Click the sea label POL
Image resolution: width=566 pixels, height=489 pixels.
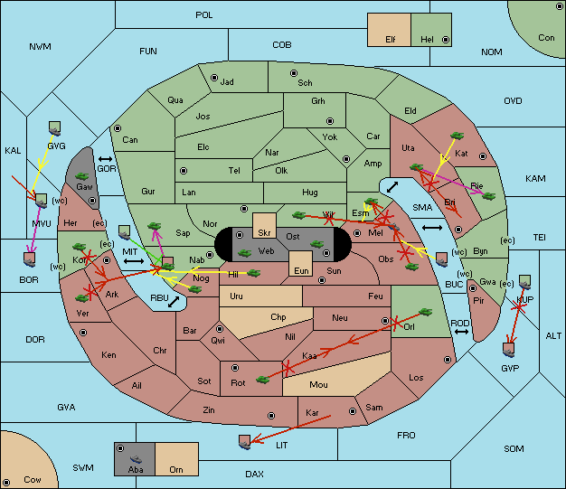pyautogui.click(x=204, y=15)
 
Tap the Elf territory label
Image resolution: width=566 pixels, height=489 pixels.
pyautogui.click(x=391, y=40)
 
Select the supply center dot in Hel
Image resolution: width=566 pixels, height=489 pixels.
pyautogui.click(x=446, y=40)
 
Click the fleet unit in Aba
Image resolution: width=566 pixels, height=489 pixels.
pyautogui.click(x=136, y=459)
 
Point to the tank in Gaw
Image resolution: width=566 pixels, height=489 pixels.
pyautogui.click(x=82, y=176)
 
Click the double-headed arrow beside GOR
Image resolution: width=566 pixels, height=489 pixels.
pyautogui.click(x=105, y=159)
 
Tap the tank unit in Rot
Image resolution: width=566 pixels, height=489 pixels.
pyautogui.click(x=263, y=380)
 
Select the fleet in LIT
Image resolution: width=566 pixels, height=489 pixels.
pyautogui.click(x=245, y=442)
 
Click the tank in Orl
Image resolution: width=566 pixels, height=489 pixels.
pyautogui.click(x=425, y=312)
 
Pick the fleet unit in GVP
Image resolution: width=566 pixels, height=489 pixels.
pyautogui.click(x=509, y=349)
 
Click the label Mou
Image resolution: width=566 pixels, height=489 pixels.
pyautogui.click(x=318, y=385)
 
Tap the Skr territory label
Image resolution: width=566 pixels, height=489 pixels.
pyautogui.click(x=264, y=233)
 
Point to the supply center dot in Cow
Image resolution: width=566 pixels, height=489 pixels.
pyautogui.click(x=6, y=482)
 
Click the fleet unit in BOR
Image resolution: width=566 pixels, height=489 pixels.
pyautogui.click(x=30, y=259)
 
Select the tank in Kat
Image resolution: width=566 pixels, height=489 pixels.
pyautogui.click(x=457, y=136)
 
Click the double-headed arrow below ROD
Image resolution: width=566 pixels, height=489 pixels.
pyautogui.click(x=461, y=332)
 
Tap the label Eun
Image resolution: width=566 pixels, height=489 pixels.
pyautogui.click(x=301, y=271)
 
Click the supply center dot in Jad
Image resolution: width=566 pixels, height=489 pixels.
pyautogui.click(x=214, y=78)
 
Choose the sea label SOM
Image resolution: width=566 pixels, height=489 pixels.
pyautogui.click(x=514, y=449)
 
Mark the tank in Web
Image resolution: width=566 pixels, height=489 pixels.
pyautogui.click(x=245, y=252)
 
